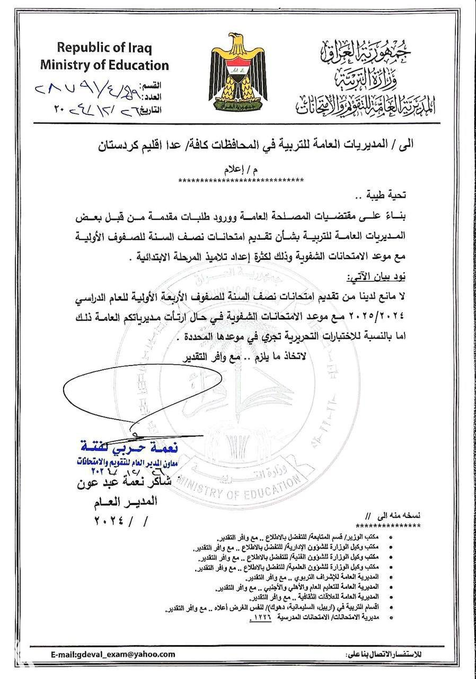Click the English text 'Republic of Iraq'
[x=104, y=47]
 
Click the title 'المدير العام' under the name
[x=124, y=501]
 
